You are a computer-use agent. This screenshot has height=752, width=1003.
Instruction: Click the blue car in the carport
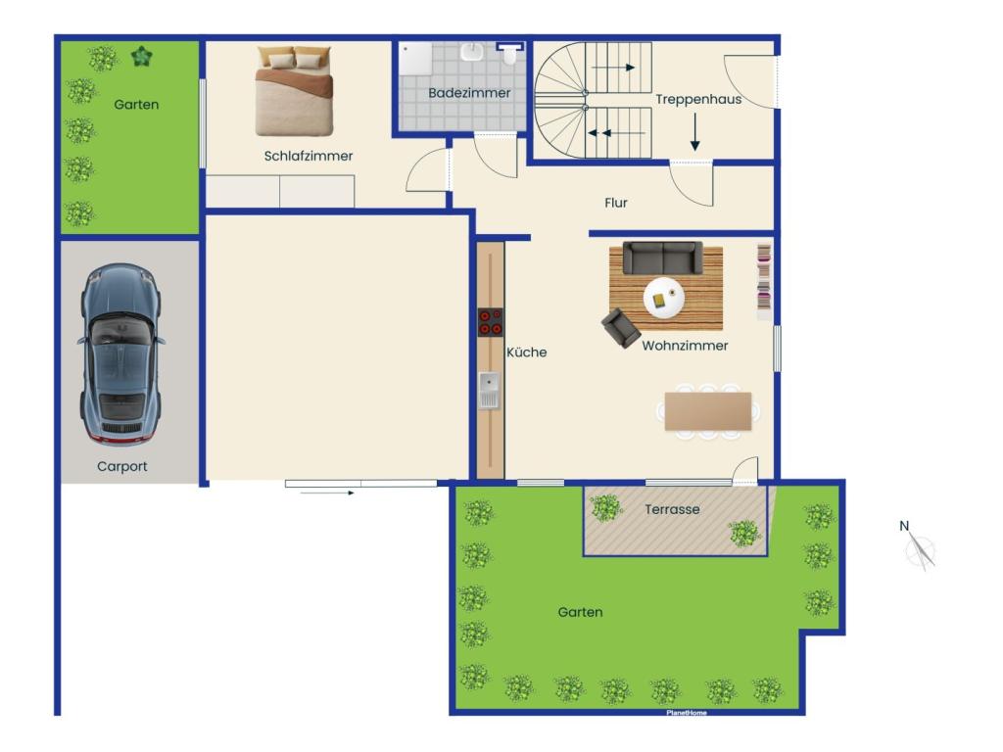(x=120, y=353)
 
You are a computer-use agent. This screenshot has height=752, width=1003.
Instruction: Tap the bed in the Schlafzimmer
(x=294, y=91)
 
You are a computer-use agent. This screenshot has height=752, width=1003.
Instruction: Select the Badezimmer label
(x=469, y=93)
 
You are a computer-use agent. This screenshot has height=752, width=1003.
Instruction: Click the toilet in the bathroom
(x=509, y=54)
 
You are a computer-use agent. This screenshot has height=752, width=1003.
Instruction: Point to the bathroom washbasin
(x=472, y=51)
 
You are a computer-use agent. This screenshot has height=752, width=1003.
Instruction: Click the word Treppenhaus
(x=698, y=99)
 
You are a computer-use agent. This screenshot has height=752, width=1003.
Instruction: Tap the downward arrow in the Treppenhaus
(x=694, y=132)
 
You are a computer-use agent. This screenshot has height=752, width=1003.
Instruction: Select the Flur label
(x=616, y=203)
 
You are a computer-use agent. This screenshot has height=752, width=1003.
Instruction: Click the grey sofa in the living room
(x=663, y=258)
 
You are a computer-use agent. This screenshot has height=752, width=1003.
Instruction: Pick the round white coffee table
(x=664, y=298)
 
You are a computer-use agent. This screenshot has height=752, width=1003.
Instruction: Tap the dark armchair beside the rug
(x=620, y=328)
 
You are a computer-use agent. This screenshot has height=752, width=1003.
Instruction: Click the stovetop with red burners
(x=490, y=321)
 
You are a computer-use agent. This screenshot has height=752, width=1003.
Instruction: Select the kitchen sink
(x=490, y=390)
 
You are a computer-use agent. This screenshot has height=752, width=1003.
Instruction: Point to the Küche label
(x=526, y=352)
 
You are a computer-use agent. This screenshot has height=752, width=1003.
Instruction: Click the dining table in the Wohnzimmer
(x=708, y=411)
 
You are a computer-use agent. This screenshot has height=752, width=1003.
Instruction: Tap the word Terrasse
(x=672, y=509)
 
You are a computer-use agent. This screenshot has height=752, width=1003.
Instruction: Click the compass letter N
(x=904, y=526)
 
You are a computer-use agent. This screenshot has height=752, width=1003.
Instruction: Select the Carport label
(x=122, y=467)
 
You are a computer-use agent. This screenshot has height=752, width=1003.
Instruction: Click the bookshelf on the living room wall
(x=764, y=281)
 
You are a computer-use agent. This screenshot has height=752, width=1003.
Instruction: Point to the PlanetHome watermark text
(x=687, y=713)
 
